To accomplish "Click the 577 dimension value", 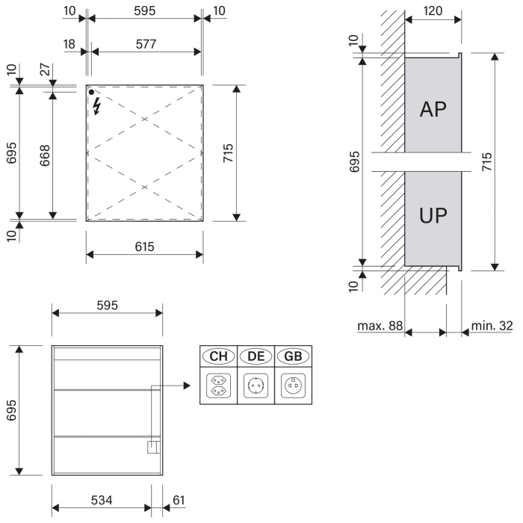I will (146, 45).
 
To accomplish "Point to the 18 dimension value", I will (69, 45).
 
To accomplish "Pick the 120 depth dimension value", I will (433, 13).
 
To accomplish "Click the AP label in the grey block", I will (433, 110).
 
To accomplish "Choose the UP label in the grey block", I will (433, 217).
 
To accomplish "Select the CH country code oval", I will (218, 356).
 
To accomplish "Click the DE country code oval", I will (256, 356).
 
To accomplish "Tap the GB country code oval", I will (293, 356).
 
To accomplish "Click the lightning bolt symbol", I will (96, 107).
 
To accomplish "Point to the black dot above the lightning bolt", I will (92, 92).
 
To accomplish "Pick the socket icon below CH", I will (218, 386).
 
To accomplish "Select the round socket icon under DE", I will (256, 386).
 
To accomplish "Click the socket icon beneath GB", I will (293, 386).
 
